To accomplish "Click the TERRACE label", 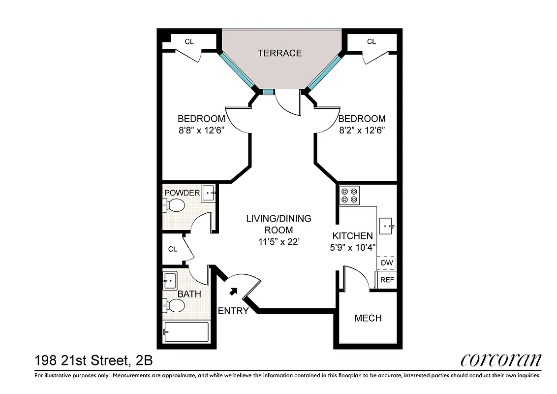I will pyautogui.click(x=279, y=53).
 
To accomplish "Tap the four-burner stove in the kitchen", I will pyautogui.click(x=349, y=196).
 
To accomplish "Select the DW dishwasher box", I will pyautogui.click(x=387, y=263).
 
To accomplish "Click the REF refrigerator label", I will pyautogui.click(x=387, y=280).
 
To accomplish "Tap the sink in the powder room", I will pyautogui.click(x=209, y=193).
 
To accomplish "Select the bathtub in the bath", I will pyautogui.click(x=186, y=332).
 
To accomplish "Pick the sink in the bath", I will pyautogui.click(x=170, y=281).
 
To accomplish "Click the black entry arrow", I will pyautogui.click(x=233, y=292).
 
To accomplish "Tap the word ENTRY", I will pyautogui.click(x=233, y=311).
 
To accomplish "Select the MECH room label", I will pyautogui.click(x=368, y=318).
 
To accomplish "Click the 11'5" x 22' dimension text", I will pyautogui.click(x=278, y=242).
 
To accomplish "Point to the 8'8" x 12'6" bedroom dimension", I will pyautogui.click(x=201, y=131).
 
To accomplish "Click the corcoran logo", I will pyautogui.click(x=500, y=361).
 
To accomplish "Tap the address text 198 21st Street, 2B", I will pyautogui.click(x=93, y=361).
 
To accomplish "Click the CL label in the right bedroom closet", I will pyautogui.click(x=371, y=42).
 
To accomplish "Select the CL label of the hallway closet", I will pyautogui.click(x=172, y=249).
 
